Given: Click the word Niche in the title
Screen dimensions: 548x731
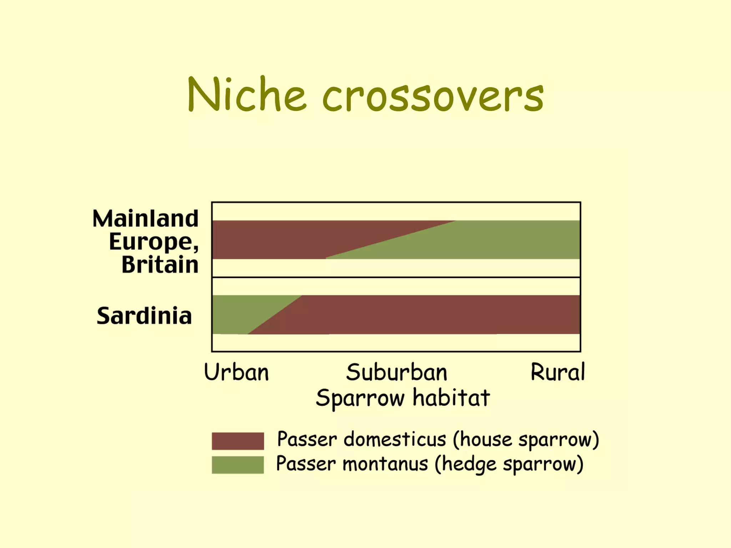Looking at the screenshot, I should click(246, 95).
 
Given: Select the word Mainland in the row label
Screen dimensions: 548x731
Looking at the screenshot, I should click(145, 218).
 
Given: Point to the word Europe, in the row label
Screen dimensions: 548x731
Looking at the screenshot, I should click(153, 242).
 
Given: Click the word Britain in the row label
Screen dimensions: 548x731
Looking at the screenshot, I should click(160, 265).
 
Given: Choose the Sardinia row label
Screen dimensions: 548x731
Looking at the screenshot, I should click(144, 316).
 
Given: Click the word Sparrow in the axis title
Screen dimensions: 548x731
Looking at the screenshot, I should click(360, 398).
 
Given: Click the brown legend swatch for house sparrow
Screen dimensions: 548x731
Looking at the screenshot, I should click(238, 441).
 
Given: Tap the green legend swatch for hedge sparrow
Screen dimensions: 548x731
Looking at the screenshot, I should click(238, 465).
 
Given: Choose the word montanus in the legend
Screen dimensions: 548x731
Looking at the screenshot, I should click(385, 464).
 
